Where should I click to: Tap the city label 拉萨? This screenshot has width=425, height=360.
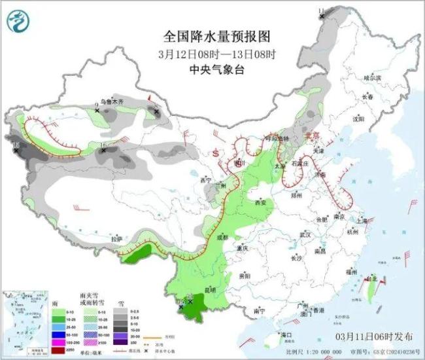point(116,239)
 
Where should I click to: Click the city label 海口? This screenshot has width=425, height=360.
point(285,334)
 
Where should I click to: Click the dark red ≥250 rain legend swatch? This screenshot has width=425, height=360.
point(58,350)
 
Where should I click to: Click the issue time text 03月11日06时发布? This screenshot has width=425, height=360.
point(373,336)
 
